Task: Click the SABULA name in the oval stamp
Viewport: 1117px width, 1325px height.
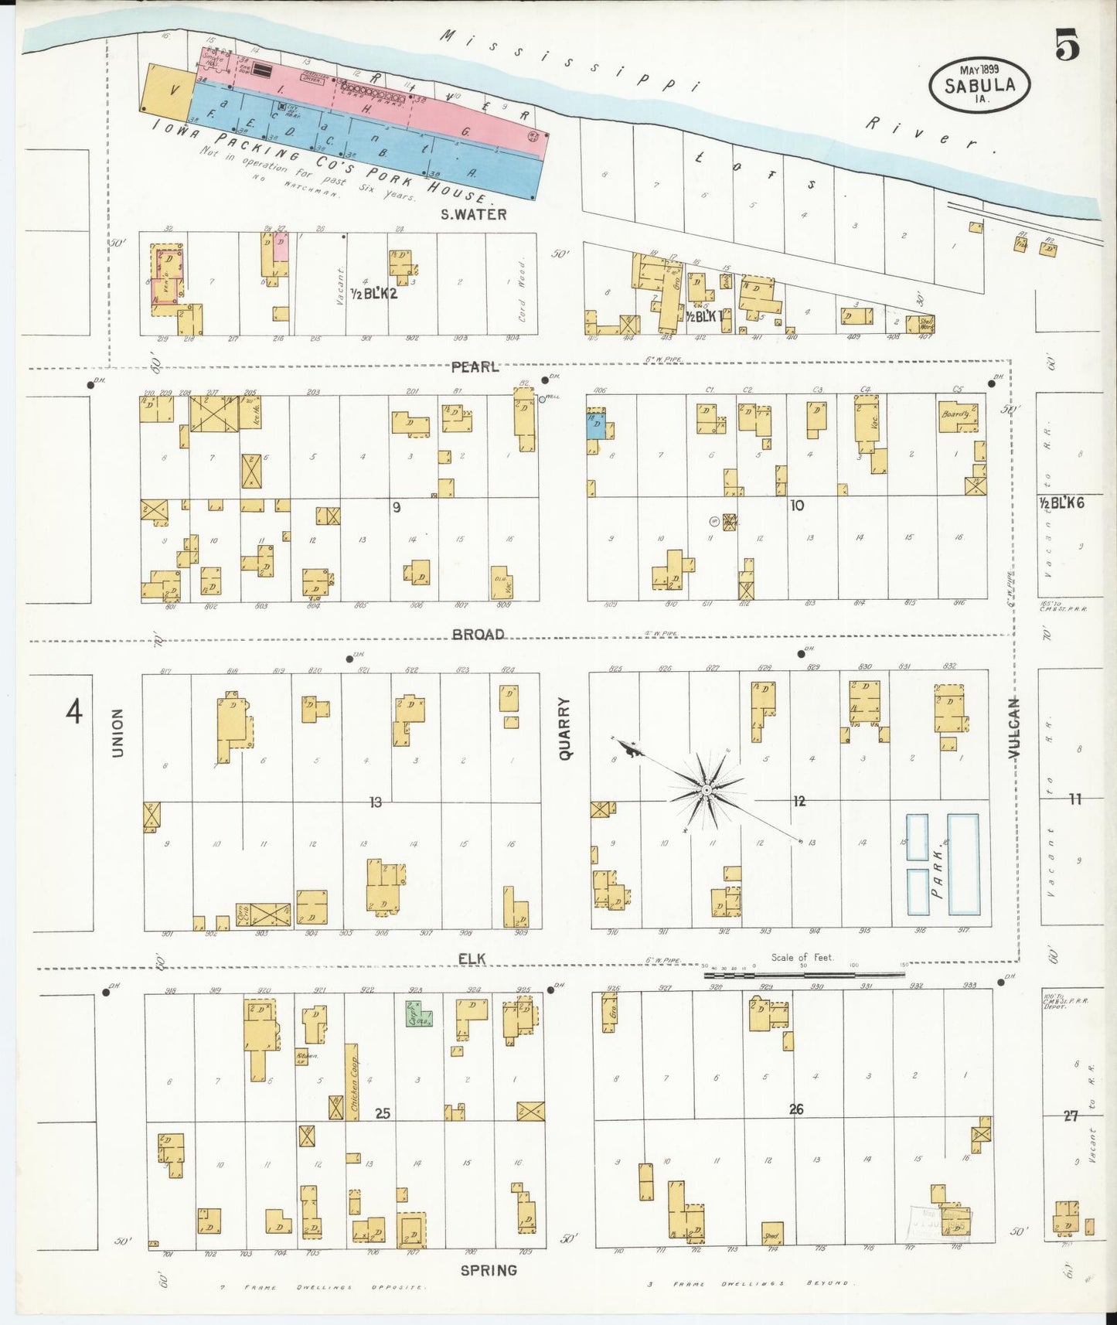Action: click(979, 86)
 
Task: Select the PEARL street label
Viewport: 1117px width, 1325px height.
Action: click(475, 367)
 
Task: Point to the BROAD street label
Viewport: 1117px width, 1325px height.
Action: click(478, 634)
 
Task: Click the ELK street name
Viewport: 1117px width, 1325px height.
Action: click(472, 959)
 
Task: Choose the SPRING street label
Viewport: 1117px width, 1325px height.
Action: click(489, 1270)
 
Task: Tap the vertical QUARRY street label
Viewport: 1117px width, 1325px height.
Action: click(565, 728)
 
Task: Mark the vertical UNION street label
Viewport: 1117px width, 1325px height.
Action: click(118, 732)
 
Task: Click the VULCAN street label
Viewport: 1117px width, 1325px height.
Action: click(1013, 727)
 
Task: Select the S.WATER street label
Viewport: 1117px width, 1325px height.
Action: click(473, 215)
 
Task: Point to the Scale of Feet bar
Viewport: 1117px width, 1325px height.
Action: click(804, 975)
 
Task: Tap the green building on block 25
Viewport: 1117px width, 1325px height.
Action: click(418, 1014)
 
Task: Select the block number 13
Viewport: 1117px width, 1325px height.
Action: click(376, 802)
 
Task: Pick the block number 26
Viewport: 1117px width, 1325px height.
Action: click(796, 1109)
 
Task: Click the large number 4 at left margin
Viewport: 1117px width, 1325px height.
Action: click(73, 711)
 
